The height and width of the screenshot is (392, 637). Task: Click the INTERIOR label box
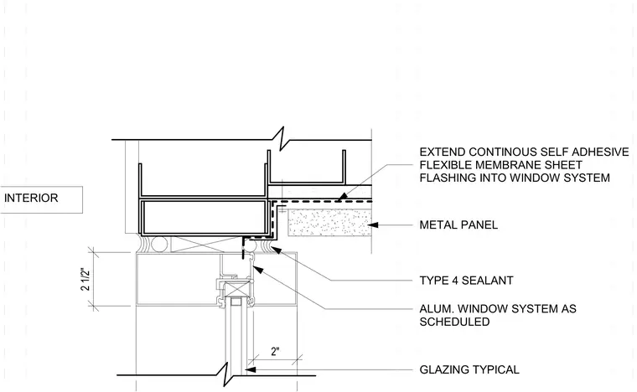click(x=41, y=199)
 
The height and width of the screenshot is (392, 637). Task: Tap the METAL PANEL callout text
click(x=458, y=224)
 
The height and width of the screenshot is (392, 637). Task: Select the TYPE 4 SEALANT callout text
click(x=466, y=281)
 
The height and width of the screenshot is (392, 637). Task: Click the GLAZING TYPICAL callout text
click(x=469, y=369)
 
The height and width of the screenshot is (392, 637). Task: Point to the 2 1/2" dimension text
click(x=85, y=279)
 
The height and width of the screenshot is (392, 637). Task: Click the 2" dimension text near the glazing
click(x=276, y=352)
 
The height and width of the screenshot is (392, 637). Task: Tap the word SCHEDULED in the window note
click(x=454, y=322)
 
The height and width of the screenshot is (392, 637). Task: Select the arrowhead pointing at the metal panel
click(x=372, y=224)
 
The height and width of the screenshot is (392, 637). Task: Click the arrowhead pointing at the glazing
click(x=250, y=369)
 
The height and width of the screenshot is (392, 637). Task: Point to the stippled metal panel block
click(x=330, y=222)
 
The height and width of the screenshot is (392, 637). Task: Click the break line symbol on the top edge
click(x=282, y=139)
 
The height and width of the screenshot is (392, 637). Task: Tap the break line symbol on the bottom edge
click(x=226, y=375)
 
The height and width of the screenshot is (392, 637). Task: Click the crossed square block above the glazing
click(x=236, y=289)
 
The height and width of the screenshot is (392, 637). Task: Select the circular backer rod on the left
click(x=158, y=245)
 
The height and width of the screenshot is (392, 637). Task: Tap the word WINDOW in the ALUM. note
click(x=484, y=309)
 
